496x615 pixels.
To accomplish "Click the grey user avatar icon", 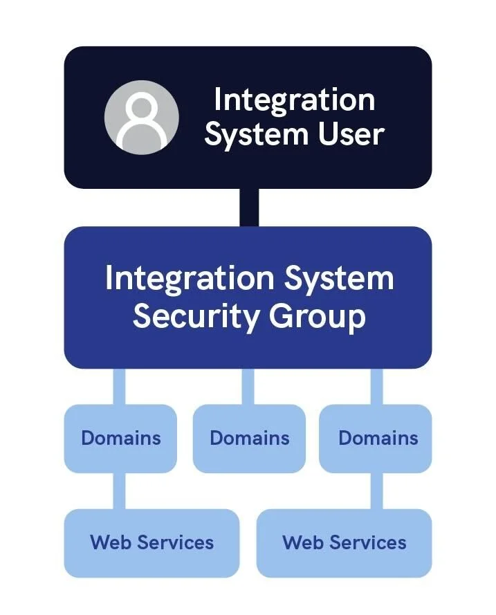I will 141,117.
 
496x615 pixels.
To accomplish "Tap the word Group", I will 317,316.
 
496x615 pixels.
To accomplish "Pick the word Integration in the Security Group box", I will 185,278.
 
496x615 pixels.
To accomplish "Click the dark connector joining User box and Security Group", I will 248,208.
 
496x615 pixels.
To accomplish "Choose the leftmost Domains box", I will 120,438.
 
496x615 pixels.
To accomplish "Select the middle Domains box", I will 249,438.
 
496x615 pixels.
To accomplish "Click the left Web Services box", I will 151,542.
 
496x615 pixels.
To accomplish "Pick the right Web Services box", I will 344,542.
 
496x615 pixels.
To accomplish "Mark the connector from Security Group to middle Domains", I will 248,386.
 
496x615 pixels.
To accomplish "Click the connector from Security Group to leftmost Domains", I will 119,386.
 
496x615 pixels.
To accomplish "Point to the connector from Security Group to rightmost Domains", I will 376,386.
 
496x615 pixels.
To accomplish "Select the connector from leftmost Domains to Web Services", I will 119,491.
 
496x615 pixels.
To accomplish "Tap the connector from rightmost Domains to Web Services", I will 376,491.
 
